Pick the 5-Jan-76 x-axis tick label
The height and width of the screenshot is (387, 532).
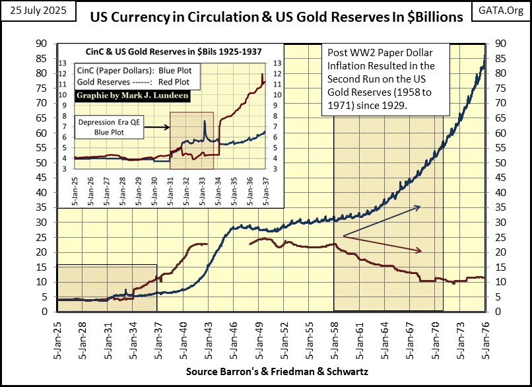pyautogui.click(x=486, y=337)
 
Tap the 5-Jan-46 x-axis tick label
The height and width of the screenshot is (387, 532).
pyautogui.click(x=235, y=337)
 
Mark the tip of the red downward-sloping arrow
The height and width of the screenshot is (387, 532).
pyautogui.click(x=422, y=251)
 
